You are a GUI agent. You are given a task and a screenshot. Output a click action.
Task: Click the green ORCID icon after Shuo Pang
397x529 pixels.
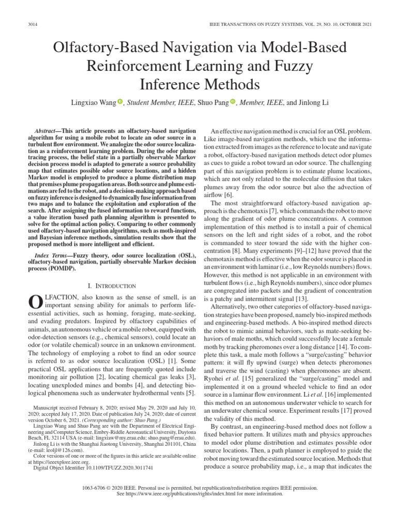point(232,102)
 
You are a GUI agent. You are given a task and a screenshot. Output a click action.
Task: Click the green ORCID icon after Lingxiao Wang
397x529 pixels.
point(120,102)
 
